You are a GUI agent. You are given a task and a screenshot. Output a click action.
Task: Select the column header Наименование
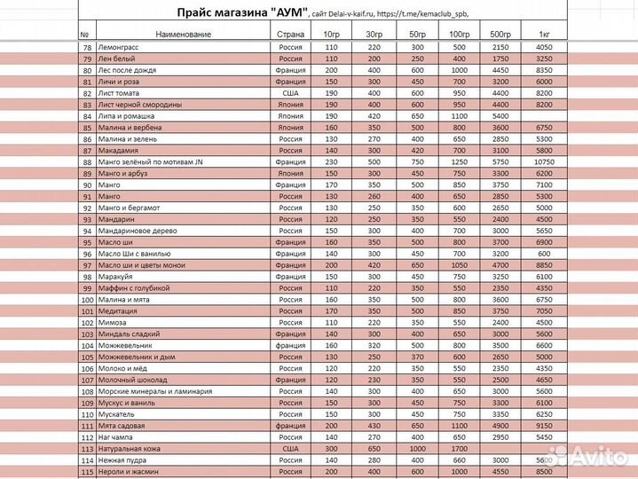(183, 33)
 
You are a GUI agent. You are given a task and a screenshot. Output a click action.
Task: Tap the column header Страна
(290, 33)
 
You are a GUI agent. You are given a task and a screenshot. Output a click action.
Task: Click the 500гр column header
(500, 33)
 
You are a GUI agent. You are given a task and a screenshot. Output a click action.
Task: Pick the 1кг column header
(544, 33)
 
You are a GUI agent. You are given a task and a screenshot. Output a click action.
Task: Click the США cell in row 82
(290, 92)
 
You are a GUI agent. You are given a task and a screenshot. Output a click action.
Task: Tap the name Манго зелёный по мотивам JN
(151, 161)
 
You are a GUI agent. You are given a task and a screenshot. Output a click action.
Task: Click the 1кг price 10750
(544, 161)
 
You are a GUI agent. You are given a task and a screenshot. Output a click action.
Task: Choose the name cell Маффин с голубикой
(134, 288)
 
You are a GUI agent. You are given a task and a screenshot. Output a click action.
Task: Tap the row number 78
(86, 47)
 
